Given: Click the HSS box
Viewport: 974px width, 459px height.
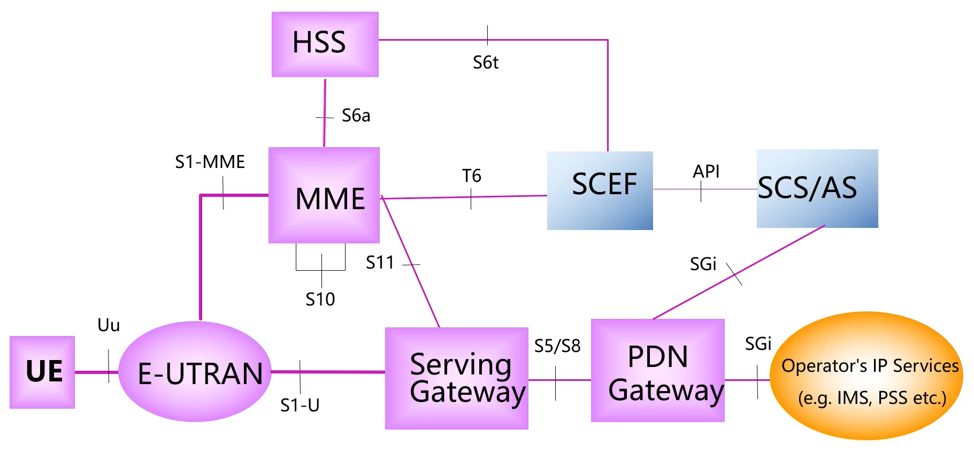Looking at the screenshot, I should [x=325, y=44].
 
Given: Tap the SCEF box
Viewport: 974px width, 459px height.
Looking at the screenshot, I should [x=600, y=190].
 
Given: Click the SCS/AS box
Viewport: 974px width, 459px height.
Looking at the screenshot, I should [x=817, y=188].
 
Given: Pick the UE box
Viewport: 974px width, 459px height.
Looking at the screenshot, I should [x=42, y=372].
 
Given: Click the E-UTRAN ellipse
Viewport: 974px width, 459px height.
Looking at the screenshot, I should [x=195, y=372].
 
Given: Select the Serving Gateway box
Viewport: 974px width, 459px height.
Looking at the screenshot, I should [x=456, y=378].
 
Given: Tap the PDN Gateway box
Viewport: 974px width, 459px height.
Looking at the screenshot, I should [x=657, y=370].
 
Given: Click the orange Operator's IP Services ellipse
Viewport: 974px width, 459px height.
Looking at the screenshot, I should [x=866, y=376].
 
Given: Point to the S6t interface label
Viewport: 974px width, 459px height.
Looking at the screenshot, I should [x=485, y=63].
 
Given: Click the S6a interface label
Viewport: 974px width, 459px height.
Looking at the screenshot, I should [x=356, y=116].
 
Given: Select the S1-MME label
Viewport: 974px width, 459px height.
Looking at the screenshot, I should [x=210, y=162].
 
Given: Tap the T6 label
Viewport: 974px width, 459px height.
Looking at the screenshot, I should [x=471, y=175].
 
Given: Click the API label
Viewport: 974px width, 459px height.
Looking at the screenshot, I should [x=705, y=171].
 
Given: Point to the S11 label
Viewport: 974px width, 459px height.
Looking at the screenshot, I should [x=380, y=263].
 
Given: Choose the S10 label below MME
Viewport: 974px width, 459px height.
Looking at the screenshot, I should [x=320, y=299].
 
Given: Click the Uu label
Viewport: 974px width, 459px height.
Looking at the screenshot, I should [x=109, y=325].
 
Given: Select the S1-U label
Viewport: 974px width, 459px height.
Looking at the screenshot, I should [x=300, y=406].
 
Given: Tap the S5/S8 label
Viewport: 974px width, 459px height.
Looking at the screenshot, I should [x=557, y=346].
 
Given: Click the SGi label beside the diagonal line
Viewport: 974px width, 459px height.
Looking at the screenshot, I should [x=703, y=264].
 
